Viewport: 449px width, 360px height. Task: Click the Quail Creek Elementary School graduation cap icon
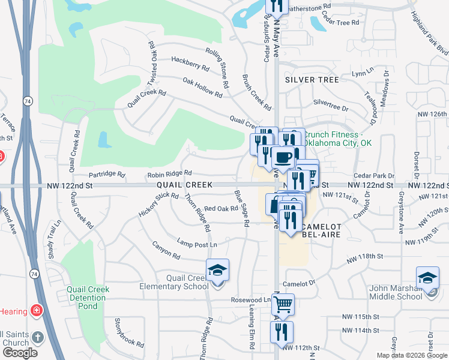click(218, 270)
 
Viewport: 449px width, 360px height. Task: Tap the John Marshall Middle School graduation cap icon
click(427, 277)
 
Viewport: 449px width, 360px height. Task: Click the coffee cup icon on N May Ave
click(283, 157)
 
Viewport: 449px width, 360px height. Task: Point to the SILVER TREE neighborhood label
click(312, 79)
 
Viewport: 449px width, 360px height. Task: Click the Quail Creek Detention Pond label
click(88, 298)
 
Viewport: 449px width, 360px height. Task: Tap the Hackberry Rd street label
click(190, 64)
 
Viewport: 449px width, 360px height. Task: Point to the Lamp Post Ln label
click(196, 244)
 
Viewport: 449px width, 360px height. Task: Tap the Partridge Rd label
click(106, 175)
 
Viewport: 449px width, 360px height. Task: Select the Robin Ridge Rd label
click(169, 174)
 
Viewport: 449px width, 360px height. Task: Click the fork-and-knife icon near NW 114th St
click(282, 331)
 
